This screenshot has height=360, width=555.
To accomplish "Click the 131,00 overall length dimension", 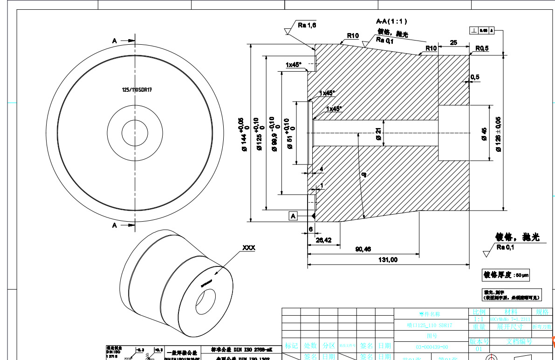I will point(388,260).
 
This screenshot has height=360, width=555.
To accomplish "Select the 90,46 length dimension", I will point(363,249).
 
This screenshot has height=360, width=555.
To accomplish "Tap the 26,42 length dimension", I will point(323,240).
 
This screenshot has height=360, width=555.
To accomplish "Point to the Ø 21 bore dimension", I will point(378,134).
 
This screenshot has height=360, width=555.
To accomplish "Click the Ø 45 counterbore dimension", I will point(484,134).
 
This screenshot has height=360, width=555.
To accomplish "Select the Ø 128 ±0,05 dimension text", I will point(498,134).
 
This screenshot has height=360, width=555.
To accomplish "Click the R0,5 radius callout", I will point(482,48).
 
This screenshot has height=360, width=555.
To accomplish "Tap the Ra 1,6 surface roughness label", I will point(307,26).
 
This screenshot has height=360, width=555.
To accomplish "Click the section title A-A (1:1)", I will point(392,21).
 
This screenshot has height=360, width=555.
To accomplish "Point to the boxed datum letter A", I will point(294,216).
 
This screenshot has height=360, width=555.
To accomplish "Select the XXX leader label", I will point(248,248).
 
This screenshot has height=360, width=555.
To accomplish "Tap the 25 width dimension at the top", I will point(453,43).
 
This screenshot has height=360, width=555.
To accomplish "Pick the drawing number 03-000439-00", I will point(432,347).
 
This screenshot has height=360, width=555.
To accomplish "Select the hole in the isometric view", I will point(205,302).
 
